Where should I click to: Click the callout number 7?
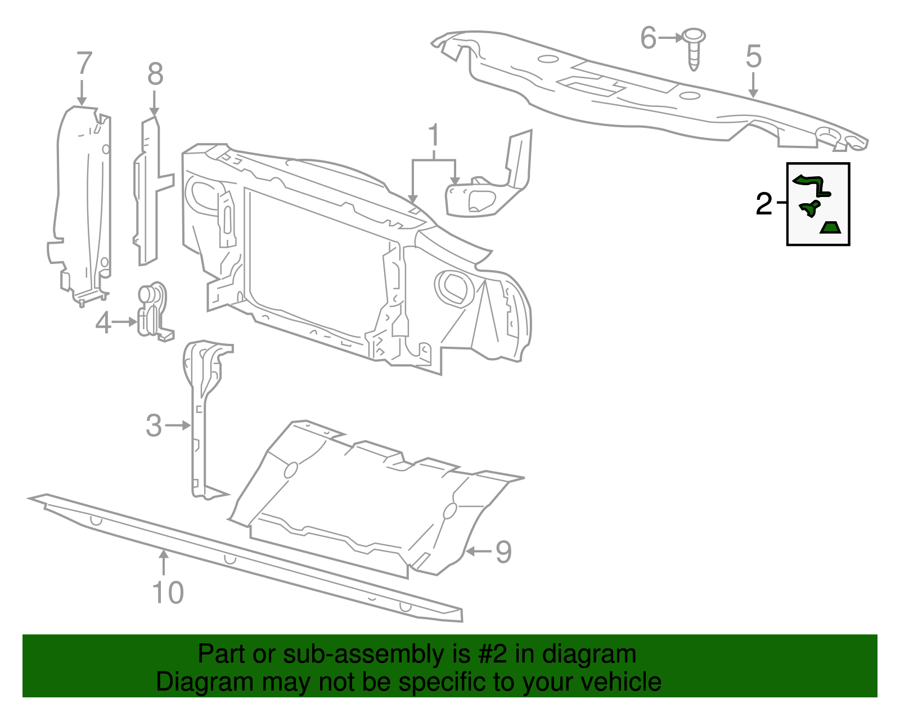click(x=83, y=64)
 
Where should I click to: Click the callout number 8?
click(x=155, y=74)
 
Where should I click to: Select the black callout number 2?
click(x=764, y=204)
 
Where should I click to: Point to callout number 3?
click(x=154, y=426)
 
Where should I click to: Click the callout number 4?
click(x=103, y=323)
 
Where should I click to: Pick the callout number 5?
click(x=754, y=57)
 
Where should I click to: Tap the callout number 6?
click(x=648, y=38)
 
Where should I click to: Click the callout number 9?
click(x=503, y=552)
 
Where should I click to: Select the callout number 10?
click(x=168, y=593)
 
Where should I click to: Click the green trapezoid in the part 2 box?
click(x=830, y=227)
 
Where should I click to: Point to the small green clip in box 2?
click(x=809, y=208)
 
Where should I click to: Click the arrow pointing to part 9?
click(x=479, y=551)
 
